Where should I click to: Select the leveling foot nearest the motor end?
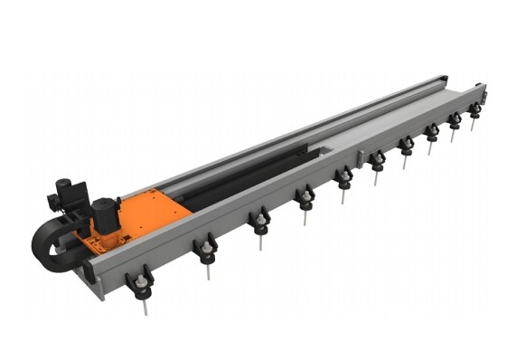point(142,283)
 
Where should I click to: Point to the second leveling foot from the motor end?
point(207,249)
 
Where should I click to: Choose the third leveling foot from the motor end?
point(260,221)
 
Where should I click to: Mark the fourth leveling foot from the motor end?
point(306,196)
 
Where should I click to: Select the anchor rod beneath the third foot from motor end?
point(261,242)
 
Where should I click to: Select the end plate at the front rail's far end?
point(484,94)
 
